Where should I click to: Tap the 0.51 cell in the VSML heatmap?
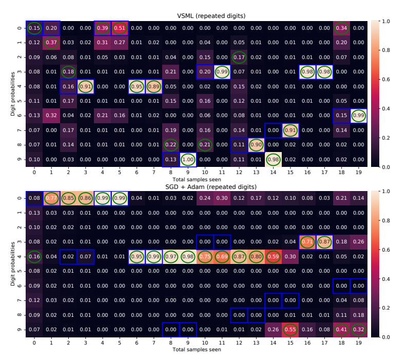(119, 28)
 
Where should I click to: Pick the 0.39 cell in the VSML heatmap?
(102, 28)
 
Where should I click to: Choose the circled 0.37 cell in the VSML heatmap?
(51, 42)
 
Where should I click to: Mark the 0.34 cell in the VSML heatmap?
(339, 28)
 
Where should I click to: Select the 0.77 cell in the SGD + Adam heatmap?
(51, 198)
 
